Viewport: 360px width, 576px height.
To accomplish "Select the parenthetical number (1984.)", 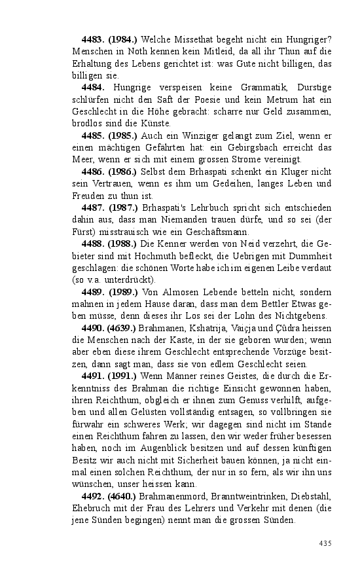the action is (122, 40).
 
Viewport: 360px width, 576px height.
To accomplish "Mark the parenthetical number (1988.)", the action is (122, 244).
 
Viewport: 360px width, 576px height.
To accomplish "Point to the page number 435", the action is (325, 543).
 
